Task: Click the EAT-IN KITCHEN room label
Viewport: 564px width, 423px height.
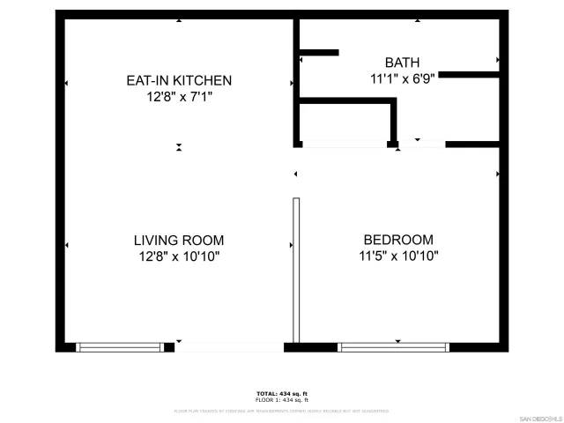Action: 178,81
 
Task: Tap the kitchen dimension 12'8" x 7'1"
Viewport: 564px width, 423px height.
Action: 178,97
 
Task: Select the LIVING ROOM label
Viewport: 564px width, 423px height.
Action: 178,240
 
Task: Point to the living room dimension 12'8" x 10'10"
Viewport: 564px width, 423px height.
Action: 178,256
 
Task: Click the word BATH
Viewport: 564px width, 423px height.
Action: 402,63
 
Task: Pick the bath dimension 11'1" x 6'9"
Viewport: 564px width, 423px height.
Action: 402,78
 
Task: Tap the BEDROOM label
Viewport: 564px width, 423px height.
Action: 398,240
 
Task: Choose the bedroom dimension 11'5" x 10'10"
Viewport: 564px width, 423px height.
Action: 398,256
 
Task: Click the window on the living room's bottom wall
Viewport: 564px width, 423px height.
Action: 121,347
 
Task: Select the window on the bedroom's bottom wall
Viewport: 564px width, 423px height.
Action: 394,347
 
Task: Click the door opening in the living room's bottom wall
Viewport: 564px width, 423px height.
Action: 229,347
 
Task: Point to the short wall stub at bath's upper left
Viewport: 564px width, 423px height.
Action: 319,53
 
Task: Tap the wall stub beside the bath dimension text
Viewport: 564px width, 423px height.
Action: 469,75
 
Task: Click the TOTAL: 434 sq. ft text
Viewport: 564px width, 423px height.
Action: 281,393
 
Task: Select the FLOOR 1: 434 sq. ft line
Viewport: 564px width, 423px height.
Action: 281,400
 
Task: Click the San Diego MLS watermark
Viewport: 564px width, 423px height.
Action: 539,417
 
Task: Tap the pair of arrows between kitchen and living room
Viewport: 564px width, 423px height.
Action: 179,147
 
